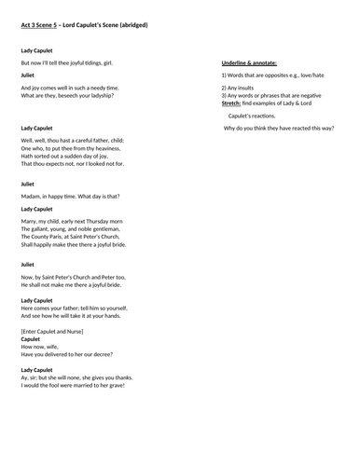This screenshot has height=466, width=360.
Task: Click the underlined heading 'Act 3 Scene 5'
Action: click(x=43, y=23)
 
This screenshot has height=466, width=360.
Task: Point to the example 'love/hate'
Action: click(x=323, y=74)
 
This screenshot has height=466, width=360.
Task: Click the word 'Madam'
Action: click(x=31, y=196)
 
